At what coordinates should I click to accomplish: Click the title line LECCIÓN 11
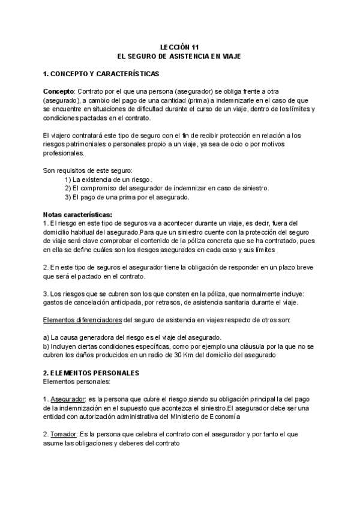pyautogui.click(x=179, y=46)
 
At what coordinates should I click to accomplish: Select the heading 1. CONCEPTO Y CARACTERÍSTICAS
pyautogui.click(x=101, y=74)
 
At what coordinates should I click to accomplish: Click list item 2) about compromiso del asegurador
pyautogui.click(x=166, y=188)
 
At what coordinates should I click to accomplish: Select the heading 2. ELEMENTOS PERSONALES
pyautogui.click(x=91, y=373)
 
